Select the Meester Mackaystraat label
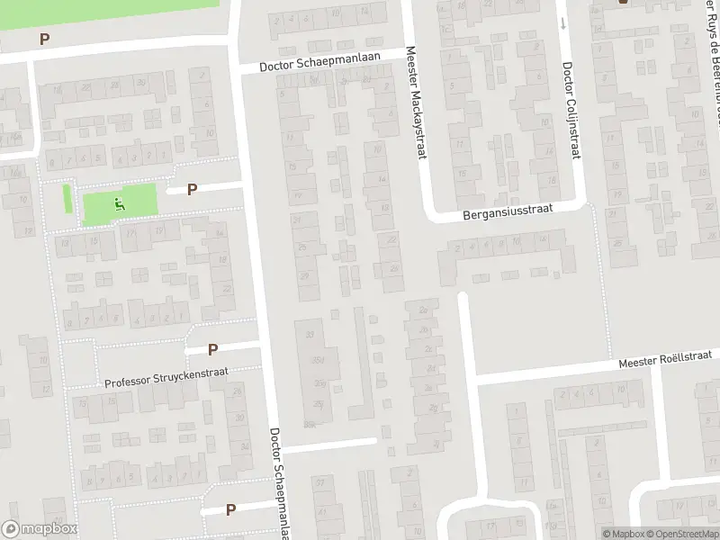pyautogui.click(x=414, y=104)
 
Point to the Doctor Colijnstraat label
pyautogui.click(x=569, y=112)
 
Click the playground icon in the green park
pyautogui.click(x=119, y=204)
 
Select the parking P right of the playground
pyautogui.click(x=192, y=189)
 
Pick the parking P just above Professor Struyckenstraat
pyautogui.click(x=213, y=349)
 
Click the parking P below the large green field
pyautogui.click(x=44, y=39)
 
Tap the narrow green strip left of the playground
pyautogui.click(x=67, y=199)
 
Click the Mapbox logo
pyautogui.click(x=39, y=529)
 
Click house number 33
pyautogui.click(x=311, y=335)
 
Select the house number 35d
pyautogui.click(x=316, y=361)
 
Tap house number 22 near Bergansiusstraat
pyautogui.click(x=391, y=239)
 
